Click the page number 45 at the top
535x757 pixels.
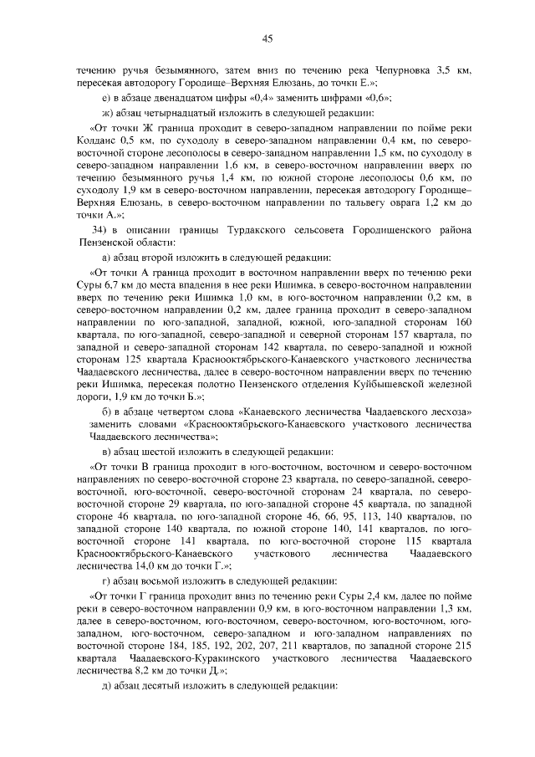[267, 38]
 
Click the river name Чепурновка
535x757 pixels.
[398, 71]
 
